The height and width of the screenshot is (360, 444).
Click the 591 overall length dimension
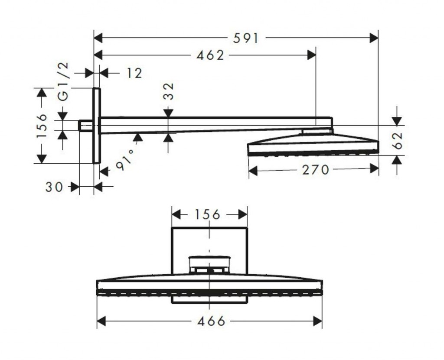click(245, 38)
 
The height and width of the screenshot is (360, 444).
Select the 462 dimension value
click(210, 55)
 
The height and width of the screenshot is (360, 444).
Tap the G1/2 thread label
click(63, 81)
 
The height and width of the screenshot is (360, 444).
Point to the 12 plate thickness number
click(134, 73)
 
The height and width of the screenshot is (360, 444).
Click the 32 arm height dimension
click(169, 91)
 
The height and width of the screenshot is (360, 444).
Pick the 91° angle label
click(125, 160)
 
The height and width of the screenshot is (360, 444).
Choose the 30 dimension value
click(54, 187)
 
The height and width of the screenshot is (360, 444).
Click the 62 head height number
click(398, 140)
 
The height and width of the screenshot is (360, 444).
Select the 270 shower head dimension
click(316, 170)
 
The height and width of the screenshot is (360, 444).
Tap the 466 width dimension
click(211, 321)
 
